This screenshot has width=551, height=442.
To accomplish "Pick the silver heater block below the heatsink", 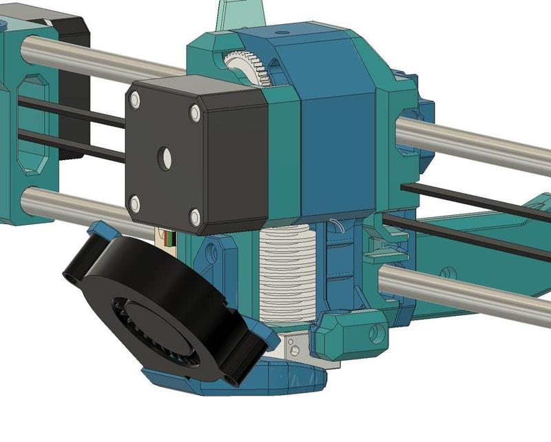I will [x=296, y=345].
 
